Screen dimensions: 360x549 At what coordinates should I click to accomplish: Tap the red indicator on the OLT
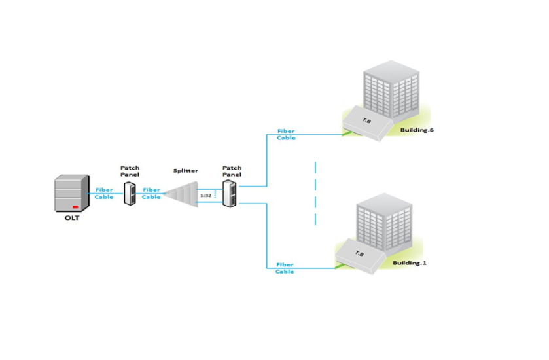coord(75,206)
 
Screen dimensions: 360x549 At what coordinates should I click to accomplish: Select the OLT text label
coord(71,218)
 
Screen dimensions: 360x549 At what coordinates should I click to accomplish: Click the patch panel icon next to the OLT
coord(130,193)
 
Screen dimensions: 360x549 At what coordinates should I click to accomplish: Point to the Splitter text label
coord(186,171)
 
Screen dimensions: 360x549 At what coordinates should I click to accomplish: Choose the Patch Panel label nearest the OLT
coord(130,171)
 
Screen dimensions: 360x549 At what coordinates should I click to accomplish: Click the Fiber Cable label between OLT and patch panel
coord(104,193)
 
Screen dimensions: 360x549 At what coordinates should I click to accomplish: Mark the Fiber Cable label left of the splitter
coord(151,193)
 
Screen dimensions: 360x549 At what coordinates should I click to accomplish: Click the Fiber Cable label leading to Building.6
coord(287,135)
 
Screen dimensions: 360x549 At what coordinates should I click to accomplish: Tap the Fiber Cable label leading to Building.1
coord(285,268)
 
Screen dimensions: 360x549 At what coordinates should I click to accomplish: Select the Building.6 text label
coord(417,130)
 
